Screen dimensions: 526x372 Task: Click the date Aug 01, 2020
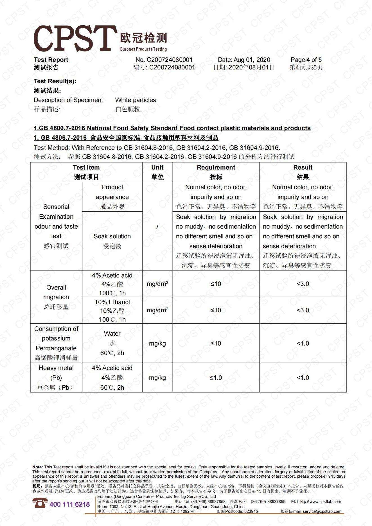click(244, 60)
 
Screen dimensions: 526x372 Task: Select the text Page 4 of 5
click(306, 60)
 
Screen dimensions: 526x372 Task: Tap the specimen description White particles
click(135, 100)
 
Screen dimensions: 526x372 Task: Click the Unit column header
click(157, 172)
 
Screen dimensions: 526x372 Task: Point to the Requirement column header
click(216, 172)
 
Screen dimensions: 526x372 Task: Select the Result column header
click(303, 172)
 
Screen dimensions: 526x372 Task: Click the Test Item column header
click(86, 172)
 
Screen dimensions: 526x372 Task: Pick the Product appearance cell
click(112, 197)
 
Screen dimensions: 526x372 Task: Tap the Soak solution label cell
click(112, 241)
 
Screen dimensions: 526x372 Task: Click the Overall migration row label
click(56, 297)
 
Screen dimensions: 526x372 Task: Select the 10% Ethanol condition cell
click(112, 310)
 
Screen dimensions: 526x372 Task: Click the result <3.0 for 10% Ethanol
click(303, 310)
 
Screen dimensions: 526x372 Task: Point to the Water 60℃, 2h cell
click(112, 343)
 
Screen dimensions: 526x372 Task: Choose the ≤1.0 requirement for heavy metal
click(216, 378)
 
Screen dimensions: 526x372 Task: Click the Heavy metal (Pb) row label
click(56, 378)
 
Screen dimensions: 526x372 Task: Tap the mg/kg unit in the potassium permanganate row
click(157, 343)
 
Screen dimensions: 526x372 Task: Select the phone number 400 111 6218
click(70, 504)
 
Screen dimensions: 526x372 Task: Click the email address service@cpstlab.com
click(322, 511)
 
